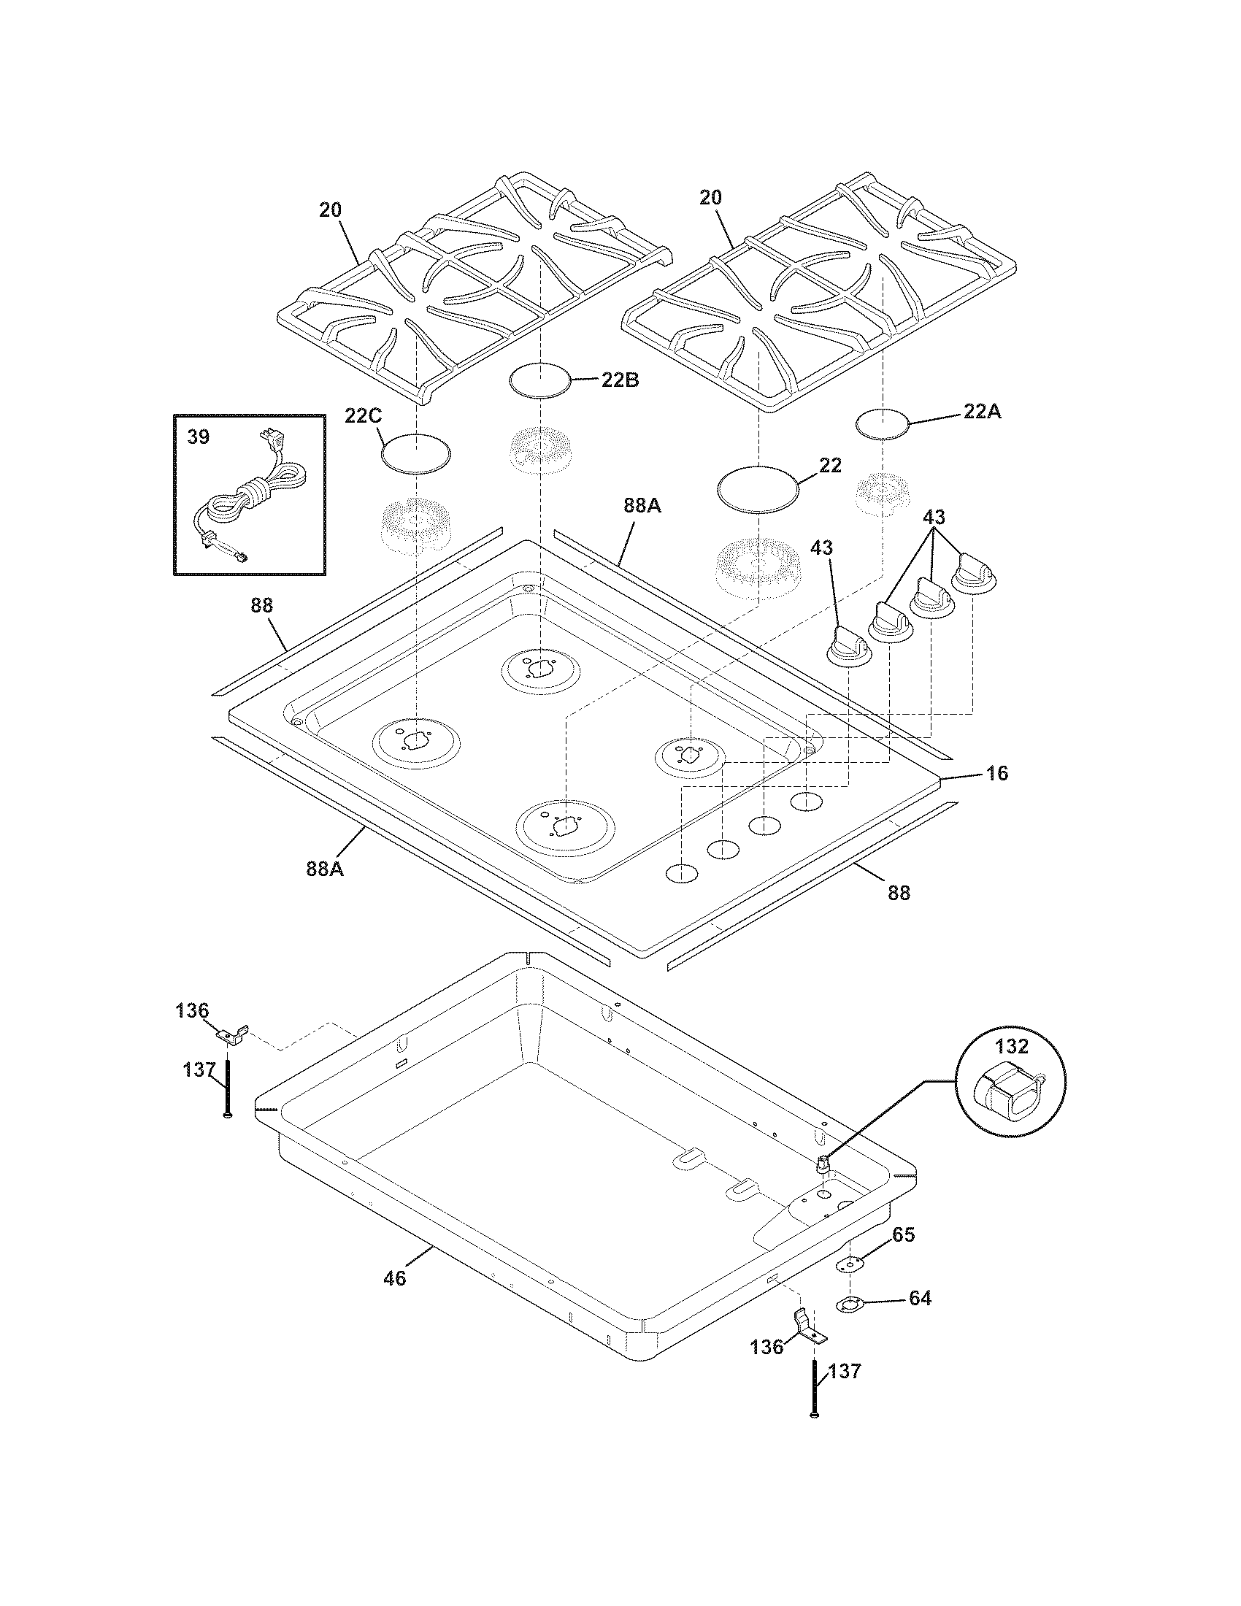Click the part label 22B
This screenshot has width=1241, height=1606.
(620, 380)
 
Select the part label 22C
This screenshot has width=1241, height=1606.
(363, 415)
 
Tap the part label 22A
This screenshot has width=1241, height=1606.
(982, 412)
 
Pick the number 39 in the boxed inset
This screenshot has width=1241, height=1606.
(198, 437)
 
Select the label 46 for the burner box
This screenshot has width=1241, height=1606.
(395, 1278)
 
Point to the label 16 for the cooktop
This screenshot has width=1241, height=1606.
(997, 773)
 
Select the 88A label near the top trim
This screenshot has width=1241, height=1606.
(642, 506)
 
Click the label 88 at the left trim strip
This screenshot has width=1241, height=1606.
(261, 605)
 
